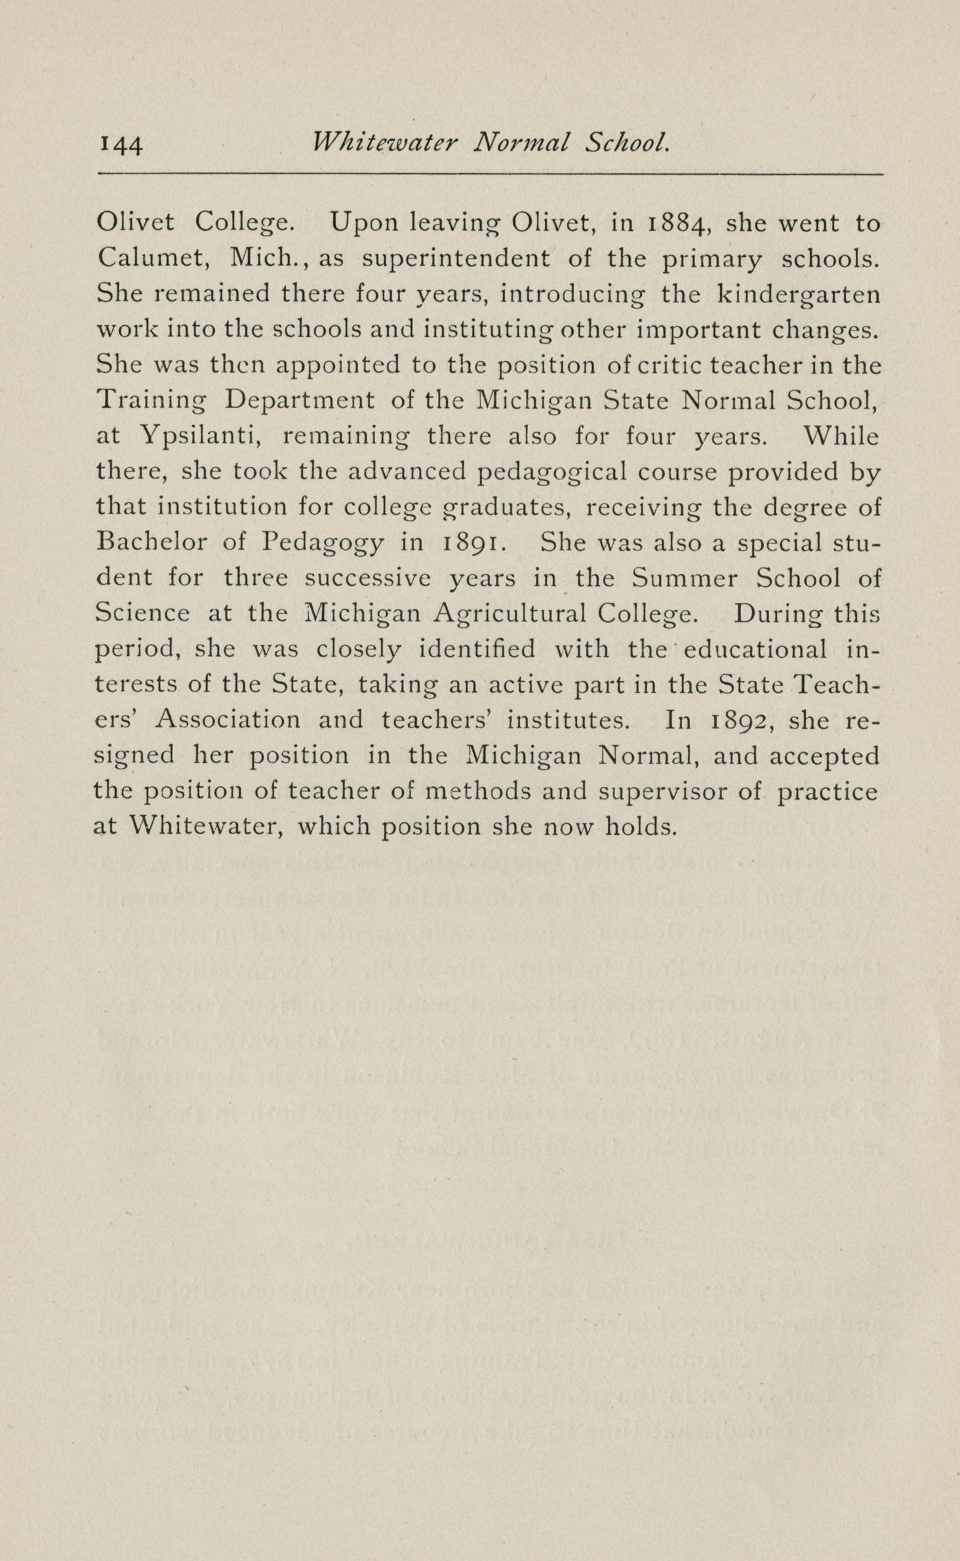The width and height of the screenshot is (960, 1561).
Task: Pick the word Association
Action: click(x=228, y=720)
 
